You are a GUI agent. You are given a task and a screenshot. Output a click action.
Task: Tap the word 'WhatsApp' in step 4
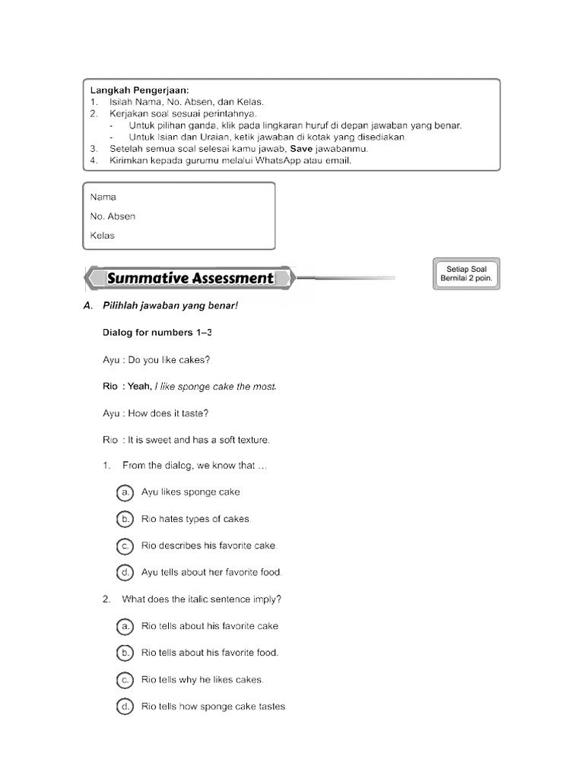click(x=283, y=160)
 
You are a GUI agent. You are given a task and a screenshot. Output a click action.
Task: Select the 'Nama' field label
click(x=103, y=197)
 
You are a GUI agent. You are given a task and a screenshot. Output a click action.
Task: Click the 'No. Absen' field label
click(x=113, y=217)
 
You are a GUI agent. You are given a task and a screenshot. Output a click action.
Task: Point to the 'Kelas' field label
click(x=102, y=236)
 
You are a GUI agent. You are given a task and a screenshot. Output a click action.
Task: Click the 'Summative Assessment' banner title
click(x=190, y=278)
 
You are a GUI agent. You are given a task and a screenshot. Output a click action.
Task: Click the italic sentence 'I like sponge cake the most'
click(x=215, y=387)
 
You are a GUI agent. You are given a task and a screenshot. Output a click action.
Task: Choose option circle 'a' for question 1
click(x=125, y=492)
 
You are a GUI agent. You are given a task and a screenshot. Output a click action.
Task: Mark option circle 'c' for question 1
click(x=125, y=546)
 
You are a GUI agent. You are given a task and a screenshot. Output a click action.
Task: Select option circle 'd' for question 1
click(x=125, y=572)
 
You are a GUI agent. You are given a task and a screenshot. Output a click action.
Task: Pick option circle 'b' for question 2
click(x=125, y=653)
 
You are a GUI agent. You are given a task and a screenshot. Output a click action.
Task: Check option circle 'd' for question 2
click(x=125, y=707)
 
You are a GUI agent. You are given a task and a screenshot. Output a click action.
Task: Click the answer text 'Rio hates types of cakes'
click(x=195, y=519)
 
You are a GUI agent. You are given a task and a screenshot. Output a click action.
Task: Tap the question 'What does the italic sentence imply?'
click(x=202, y=599)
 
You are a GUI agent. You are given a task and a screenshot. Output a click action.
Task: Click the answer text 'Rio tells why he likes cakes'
click(x=202, y=679)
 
